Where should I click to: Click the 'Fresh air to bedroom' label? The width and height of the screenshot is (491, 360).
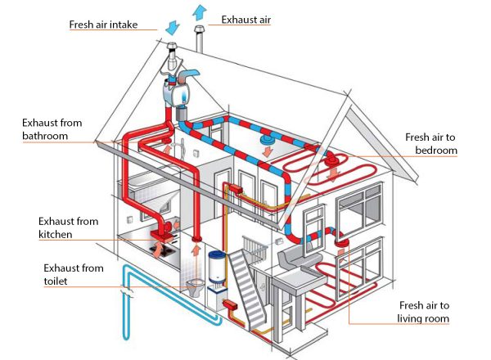(430, 144)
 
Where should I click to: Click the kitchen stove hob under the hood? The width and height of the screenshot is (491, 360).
(162, 243)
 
